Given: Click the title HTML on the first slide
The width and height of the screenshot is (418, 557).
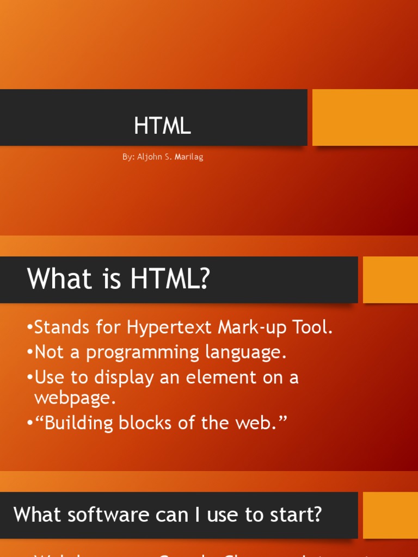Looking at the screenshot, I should pyautogui.click(x=162, y=126).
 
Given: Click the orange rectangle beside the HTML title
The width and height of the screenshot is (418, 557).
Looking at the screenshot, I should pyautogui.click(x=365, y=117).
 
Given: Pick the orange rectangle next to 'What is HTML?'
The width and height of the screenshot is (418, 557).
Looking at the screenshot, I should pyautogui.click(x=390, y=280).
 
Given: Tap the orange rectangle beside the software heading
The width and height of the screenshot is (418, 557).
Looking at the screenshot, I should pyautogui.click(x=390, y=515).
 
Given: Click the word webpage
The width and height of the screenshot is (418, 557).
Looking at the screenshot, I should pyautogui.click(x=75, y=398).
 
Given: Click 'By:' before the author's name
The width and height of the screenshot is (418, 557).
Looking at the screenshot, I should pyautogui.click(x=128, y=157).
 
